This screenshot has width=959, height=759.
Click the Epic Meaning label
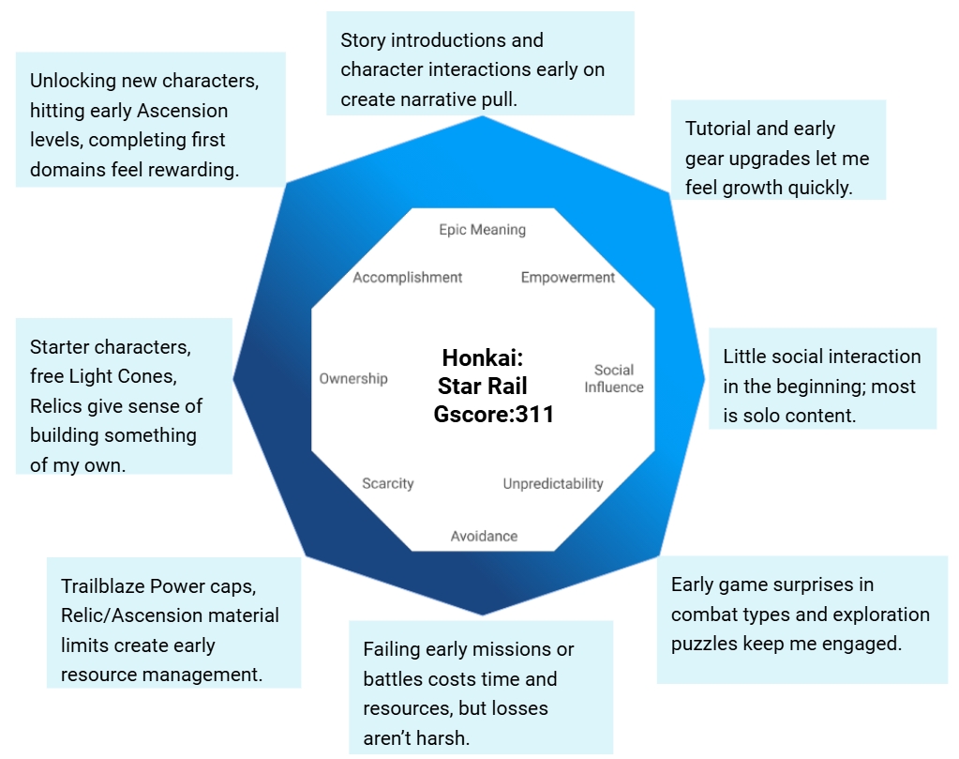click(x=482, y=230)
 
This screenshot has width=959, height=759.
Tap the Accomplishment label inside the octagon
click(x=407, y=278)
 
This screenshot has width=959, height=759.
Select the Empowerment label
click(x=568, y=278)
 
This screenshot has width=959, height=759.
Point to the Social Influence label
click(x=614, y=378)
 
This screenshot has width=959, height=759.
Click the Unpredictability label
click(x=553, y=484)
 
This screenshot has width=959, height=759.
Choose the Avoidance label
click(x=484, y=536)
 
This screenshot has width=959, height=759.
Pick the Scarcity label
click(x=388, y=484)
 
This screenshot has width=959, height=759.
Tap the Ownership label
click(x=353, y=379)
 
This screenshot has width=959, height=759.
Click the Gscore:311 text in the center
click(x=494, y=414)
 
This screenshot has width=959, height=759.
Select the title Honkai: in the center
click(x=482, y=358)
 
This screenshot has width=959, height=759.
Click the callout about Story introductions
click(x=480, y=68)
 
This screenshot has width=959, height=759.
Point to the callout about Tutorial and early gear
click(x=778, y=157)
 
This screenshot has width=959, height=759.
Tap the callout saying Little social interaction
click(x=822, y=385)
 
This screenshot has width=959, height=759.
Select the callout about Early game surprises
click(x=801, y=614)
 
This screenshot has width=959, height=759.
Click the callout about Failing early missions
click(x=480, y=692)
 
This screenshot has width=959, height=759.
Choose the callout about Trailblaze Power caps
click(x=173, y=630)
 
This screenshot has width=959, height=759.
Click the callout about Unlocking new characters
click(x=150, y=125)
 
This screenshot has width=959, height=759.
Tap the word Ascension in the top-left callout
click(x=183, y=111)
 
